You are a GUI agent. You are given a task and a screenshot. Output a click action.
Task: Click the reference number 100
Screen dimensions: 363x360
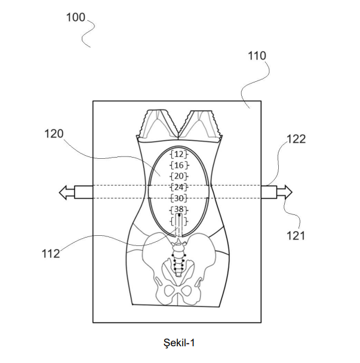(x=75, y=17)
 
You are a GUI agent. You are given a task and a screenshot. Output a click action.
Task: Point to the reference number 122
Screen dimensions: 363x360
(x=296, y=139)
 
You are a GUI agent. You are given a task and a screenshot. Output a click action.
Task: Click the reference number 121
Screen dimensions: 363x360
(x=296, y=235)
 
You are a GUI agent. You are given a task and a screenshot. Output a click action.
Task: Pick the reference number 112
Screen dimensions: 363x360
(x=51, y=254)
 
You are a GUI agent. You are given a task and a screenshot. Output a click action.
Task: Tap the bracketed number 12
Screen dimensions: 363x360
(x=179, y=154)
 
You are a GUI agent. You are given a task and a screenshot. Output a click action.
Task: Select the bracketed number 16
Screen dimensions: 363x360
(x=179, y=165)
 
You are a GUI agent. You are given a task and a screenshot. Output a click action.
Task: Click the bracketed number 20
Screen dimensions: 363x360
(x=179, y=176)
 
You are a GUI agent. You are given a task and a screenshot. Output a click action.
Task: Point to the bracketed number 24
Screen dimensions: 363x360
(x=179, y=187)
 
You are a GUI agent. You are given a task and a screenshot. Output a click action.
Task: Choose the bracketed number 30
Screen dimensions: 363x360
(x=179, y=198)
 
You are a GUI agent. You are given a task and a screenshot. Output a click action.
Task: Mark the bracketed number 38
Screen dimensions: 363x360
(x=179, y=209)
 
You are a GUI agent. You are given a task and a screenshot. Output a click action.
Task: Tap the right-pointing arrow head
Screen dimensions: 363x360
(x=288, y=192)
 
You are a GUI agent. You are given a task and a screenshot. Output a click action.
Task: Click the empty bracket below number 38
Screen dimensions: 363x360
(x=179, y=220)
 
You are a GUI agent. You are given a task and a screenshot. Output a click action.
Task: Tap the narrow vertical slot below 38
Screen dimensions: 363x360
(x=179, y=226)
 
